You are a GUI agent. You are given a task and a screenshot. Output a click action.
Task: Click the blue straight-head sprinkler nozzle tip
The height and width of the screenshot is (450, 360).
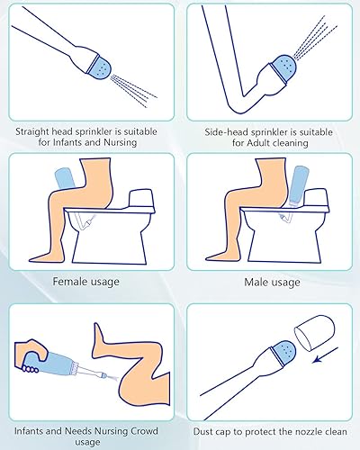point(102,67)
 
